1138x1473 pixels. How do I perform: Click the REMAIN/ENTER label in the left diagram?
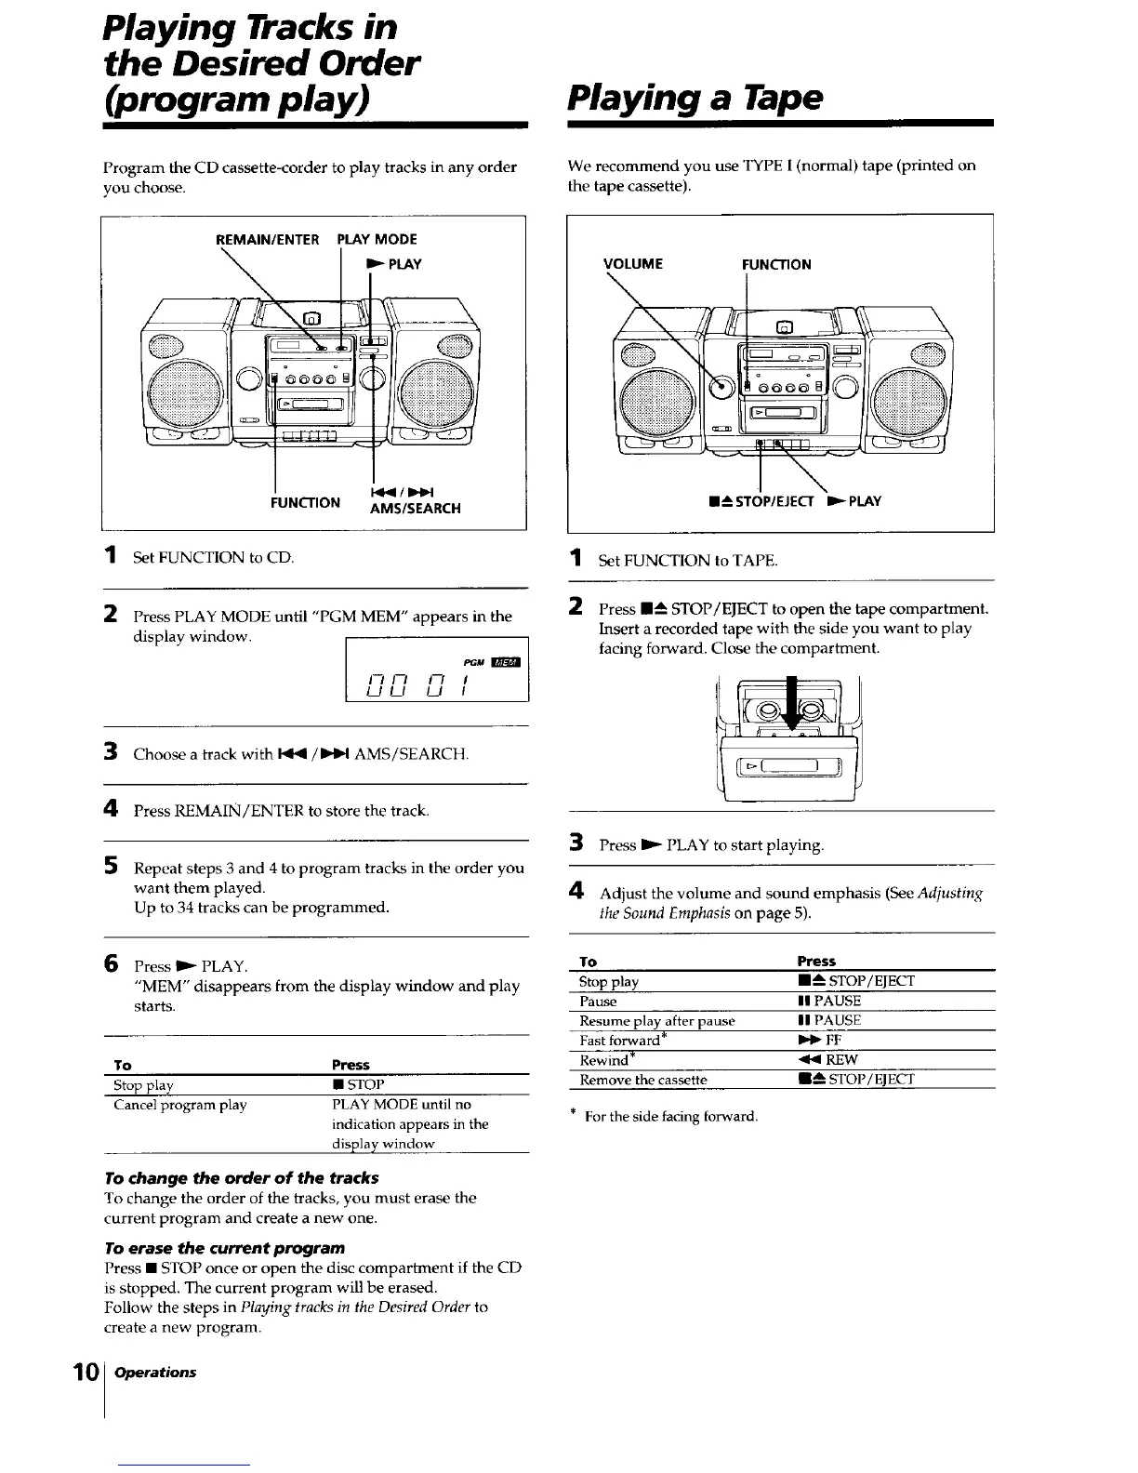pos(267,240)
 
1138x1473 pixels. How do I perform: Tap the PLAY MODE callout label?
pos(377,240)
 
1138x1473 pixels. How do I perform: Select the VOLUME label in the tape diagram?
pos(633,264)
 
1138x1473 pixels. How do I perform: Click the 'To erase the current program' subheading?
pos(226,1247)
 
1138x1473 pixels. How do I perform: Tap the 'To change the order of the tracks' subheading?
pos(243,1177)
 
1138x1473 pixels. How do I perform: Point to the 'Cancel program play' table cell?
pos(180,1105)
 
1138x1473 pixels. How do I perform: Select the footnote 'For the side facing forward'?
pos(669,1116)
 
